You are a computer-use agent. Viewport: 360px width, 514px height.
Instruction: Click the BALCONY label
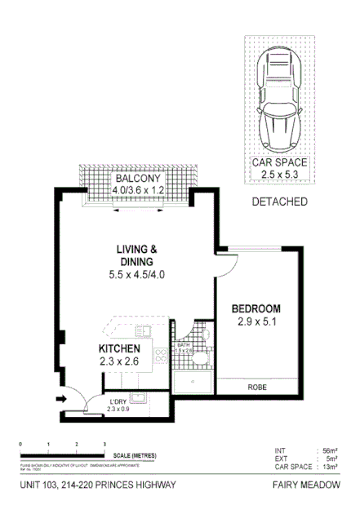[138, 178]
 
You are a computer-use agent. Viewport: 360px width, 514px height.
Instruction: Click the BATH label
[183, 345]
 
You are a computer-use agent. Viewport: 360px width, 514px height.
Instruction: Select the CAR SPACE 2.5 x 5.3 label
[279, 168]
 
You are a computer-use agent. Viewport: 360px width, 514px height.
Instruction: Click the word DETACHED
[279, 202]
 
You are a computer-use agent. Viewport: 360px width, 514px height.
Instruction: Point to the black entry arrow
[62, 400]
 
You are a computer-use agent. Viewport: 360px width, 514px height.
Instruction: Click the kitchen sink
[143, 330]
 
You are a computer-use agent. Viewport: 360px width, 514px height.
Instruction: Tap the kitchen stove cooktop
[162, 355]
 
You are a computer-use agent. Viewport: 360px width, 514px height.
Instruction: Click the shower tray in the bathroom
[193, 381]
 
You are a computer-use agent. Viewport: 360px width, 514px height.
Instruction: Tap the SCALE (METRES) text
[131, 455]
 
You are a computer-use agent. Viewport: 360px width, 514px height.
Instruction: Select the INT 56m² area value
[329, 450]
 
